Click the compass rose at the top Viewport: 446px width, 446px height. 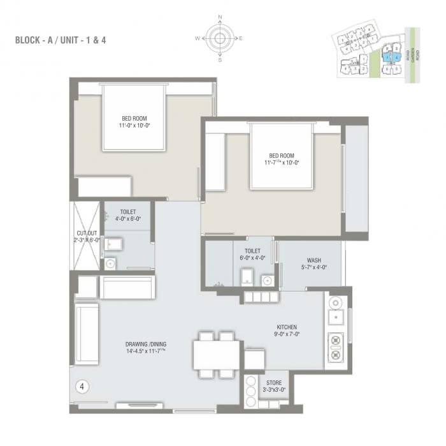[220, 38]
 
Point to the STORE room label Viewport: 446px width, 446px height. [274, 383]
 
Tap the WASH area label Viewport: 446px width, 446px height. [313, 260]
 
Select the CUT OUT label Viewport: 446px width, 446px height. [86, 233]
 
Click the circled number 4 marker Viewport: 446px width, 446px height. [82, 386]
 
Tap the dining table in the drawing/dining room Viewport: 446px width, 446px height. [217, 355]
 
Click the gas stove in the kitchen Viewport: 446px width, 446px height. [335, 347]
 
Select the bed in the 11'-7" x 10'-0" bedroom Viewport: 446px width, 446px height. [281, 156]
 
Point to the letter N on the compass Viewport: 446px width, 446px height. [220, 18]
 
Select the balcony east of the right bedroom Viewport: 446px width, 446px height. [356, 179]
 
